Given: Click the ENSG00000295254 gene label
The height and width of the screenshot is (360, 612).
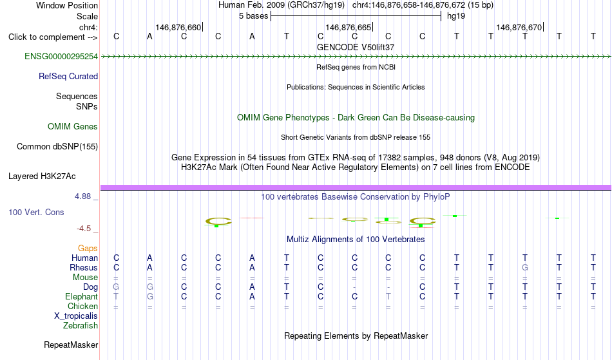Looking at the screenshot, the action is click(x=61, y=57).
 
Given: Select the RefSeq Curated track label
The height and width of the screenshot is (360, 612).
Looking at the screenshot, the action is click(x=68, y=77).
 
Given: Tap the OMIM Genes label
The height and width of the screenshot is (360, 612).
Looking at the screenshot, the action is click(x=73, y=127).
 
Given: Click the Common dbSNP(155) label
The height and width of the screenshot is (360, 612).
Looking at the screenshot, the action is click(x=57, y=147).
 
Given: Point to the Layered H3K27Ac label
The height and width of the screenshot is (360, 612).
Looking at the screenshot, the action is click(x=42, y=176).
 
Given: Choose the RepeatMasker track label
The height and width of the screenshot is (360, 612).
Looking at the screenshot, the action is click(x=71, y=345).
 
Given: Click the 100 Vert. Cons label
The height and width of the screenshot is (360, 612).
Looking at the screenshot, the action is click(x=36, y=212).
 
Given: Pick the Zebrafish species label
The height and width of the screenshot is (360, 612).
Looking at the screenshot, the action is click(x=81, y=326).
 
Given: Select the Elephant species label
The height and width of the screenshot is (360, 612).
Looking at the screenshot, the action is click(x=82, y=297).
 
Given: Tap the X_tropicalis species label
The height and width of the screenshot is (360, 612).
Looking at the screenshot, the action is click(x=76, y=316).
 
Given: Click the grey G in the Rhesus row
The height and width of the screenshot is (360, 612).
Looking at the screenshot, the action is click(x=525, y=267).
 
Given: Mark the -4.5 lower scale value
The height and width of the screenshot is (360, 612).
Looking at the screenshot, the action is click(x=84, y=229).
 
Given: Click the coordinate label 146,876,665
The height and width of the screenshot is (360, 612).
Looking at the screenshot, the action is click(x=348, y=27).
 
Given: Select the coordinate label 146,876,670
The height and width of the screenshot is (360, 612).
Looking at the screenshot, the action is click(x=519, y=27).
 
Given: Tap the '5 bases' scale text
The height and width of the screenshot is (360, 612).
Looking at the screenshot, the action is click(x=254, y=16).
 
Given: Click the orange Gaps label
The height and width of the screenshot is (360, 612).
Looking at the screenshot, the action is click(x=88, y=249).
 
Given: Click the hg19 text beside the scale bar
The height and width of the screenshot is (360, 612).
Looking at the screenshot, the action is click(x=456, y=16).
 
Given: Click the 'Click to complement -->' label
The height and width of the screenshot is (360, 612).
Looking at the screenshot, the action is click(x=53, y=37).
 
